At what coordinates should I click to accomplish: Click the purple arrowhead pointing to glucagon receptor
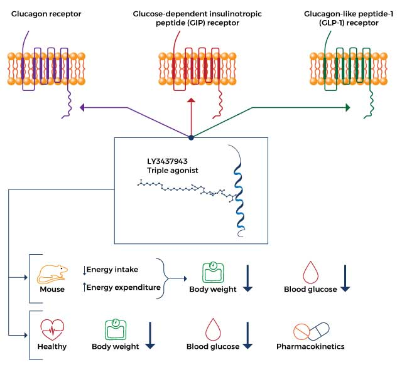(x=82, y=108)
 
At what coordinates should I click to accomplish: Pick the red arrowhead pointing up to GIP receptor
(x=191, y=100)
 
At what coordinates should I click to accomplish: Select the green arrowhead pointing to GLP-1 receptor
(x=347, y=108)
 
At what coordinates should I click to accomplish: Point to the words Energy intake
(x=112, y=270)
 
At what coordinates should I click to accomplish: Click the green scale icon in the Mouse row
(x=213, y=272)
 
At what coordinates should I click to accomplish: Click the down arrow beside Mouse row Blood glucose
(x=345, y=278)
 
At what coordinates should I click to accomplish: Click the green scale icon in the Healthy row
(x=115, y=329)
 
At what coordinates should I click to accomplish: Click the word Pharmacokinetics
(x=310, y=346)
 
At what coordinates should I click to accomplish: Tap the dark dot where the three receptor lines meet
(x=191, y=137)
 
